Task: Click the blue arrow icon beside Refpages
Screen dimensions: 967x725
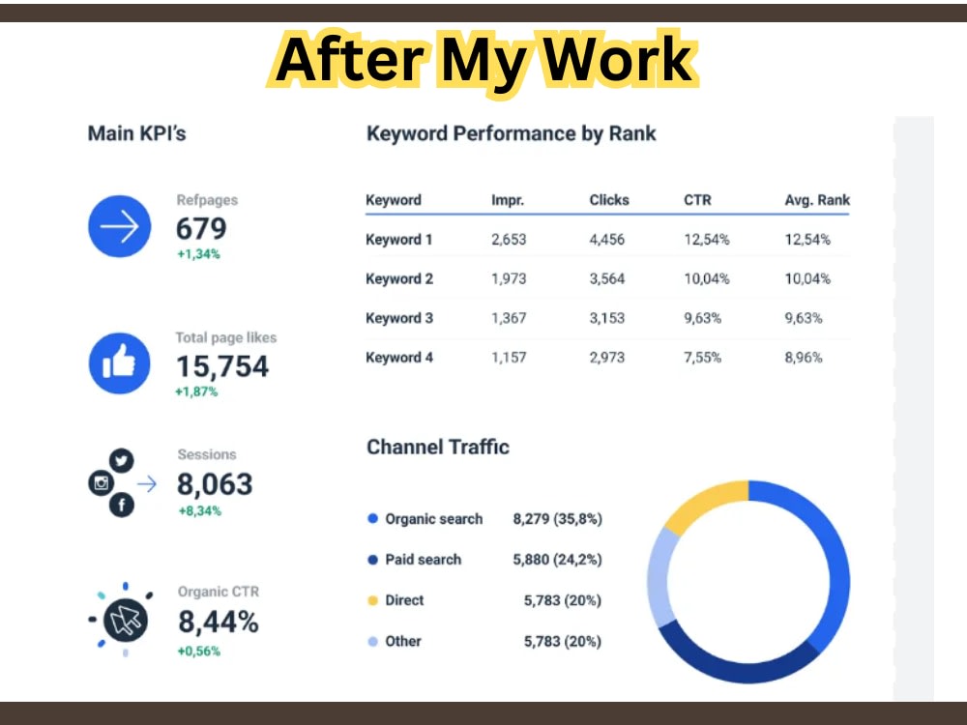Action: (x=120, y=226)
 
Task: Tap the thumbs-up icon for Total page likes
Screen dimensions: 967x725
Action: (x=120, y=363)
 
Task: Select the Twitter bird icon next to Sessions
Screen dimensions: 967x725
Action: (x=122, y=460)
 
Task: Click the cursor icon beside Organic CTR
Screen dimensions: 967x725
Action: (x=125, y=620)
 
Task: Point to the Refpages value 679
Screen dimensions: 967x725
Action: (x=201, y=229)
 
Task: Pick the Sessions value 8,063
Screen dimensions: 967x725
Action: (x=215, y=484)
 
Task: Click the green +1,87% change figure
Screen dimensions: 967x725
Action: (x=196, y=391)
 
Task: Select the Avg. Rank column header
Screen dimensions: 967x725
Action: (x=817, y=200)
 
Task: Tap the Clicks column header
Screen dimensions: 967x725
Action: (x=608, y=200)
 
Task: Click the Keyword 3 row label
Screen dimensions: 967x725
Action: (x=399, y=318)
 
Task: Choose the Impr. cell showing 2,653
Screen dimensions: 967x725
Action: (x=509, y=239)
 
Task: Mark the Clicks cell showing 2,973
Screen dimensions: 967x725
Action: (x=607, y=358)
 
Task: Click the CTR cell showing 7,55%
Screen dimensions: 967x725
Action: (x=702, y=358)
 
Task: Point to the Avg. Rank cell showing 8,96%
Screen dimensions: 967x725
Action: (x=803, y=358)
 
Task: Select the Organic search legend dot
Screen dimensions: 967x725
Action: (x=372, y=518)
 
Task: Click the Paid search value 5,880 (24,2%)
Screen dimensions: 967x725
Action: (x=558, y=559)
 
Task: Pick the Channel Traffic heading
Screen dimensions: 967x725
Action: (x=438, y=447)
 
